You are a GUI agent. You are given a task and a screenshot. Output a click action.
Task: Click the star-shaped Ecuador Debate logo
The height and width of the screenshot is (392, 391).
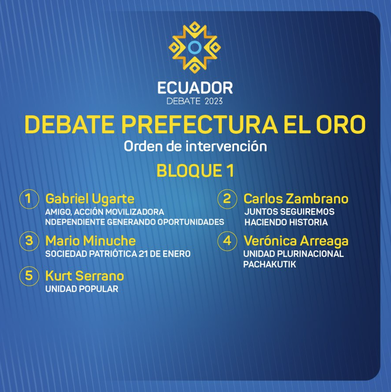[195, 47]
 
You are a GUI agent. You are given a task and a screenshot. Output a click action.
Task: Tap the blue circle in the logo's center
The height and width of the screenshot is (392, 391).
[195, 47]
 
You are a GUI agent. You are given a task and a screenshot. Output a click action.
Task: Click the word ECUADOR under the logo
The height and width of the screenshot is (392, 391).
[195, 88]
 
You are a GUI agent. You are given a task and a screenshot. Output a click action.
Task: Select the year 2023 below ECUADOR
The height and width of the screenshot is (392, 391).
[213, 101]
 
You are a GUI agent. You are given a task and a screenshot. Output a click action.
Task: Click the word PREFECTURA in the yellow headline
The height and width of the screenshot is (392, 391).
[199, 124]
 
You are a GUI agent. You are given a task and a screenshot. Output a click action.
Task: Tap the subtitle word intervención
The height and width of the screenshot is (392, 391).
[226, 146]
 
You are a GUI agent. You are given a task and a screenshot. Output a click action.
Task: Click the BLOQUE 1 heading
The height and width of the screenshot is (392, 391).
[195, 171]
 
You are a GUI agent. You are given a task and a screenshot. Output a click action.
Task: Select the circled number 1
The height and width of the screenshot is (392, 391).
[29, 199]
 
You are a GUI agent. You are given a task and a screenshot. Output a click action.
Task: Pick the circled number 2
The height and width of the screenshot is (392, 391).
[227, 199]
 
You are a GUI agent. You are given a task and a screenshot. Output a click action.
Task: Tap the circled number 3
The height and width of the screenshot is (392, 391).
[29, 241]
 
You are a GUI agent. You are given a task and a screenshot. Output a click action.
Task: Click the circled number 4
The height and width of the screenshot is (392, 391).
[227, 241]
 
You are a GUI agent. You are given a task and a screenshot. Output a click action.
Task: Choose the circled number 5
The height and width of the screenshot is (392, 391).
[29, 276]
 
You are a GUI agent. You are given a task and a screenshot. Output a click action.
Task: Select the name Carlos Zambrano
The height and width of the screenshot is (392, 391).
[296, 199]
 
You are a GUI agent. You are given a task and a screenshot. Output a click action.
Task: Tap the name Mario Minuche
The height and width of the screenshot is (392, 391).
[90, 241]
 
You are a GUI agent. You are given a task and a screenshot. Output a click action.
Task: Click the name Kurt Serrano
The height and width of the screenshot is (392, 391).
[85, 276]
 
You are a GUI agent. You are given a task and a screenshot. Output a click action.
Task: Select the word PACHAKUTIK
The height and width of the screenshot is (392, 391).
[270, 264]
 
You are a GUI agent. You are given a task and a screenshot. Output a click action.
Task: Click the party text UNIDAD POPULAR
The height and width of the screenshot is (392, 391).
[82, 289]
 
